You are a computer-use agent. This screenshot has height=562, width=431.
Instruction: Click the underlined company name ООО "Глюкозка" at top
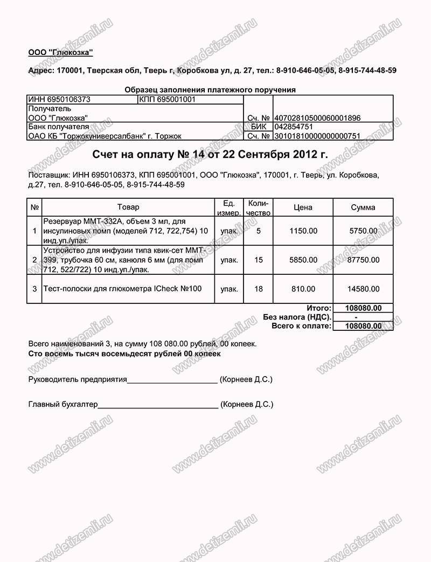point(61,52)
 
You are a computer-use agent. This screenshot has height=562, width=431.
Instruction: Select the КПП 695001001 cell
point(166,100)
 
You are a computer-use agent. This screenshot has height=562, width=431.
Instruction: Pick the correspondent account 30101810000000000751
point(317,136)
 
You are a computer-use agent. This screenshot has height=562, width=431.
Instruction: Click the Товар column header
point(128,207)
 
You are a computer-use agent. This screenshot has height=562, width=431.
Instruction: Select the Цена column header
point(303,207)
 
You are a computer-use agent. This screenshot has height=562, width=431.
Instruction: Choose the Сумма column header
point(363,207)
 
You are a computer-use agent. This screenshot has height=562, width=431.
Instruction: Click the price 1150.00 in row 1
point(303,231)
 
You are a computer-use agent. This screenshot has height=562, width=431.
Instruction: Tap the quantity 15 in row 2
point(259,260)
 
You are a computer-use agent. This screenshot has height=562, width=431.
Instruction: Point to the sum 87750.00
point(363,260)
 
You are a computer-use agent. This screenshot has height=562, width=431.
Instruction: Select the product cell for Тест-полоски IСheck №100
point(122,289)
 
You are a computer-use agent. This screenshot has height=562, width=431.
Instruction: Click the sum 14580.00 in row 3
point(363,289)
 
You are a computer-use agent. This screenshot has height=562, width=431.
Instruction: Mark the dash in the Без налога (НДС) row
point(363,317)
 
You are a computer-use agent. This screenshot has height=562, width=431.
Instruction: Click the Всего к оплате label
point(300,326)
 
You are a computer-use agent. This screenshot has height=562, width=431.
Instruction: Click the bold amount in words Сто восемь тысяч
point(124,354)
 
